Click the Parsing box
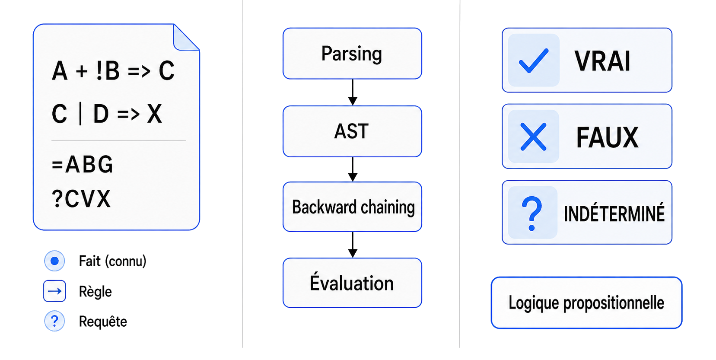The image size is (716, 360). coord(352,54)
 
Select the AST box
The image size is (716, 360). coord(352,131)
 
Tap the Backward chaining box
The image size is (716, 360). coord(352,207)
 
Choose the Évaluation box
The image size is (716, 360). coord(352,283)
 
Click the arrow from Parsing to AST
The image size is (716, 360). coord(353,92)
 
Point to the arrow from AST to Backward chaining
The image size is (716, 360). coord(353,169)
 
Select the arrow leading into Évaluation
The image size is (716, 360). coord(353,245)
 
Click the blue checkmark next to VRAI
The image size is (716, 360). coord(534,61)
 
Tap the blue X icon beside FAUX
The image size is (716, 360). coord(534,137)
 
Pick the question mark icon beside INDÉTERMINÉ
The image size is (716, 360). coord(532,213)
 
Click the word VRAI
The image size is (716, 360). coord(602,61)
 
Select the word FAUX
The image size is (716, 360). coord(607,137)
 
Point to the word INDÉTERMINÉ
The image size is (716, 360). coord(614,214)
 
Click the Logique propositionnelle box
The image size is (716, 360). coord(586,303)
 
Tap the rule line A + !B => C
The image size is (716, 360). coord(113,71)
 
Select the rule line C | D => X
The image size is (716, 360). coord(107,114)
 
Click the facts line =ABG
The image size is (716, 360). coord(83,165)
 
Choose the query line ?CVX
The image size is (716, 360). coord(81,199)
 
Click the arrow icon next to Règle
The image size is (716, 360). coord(54,291)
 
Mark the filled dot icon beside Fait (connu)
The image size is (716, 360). coord(54,261)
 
